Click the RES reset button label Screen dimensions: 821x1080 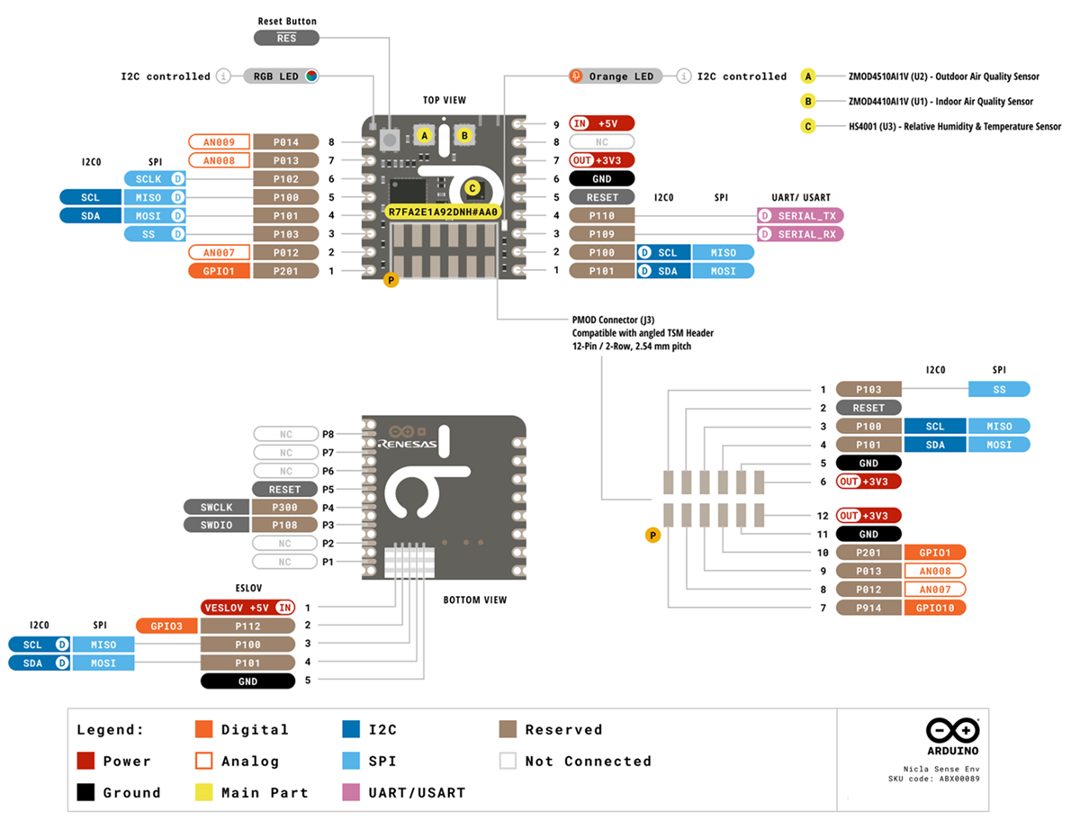286,38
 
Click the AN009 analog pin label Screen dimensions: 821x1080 219,141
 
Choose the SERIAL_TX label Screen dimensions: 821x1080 800,216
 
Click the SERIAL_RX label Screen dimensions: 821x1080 800,234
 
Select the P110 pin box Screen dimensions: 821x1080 602,216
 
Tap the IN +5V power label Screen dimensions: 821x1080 602,123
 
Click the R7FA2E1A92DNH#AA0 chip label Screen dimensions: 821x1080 442,212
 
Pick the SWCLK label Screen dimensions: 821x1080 216,507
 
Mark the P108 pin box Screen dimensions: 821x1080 285,525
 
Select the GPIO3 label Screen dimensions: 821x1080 166,626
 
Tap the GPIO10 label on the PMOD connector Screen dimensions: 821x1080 934,608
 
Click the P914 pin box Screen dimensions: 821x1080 868,608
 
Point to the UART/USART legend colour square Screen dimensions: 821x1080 352,792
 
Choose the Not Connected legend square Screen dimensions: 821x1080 508,761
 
